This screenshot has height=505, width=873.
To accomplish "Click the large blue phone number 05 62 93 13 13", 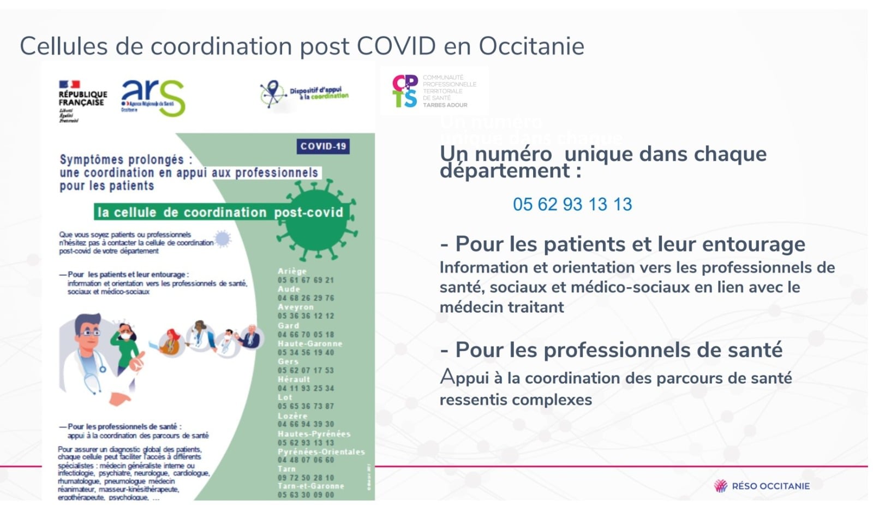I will coord(572,204).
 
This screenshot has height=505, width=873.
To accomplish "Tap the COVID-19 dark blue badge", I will coord(323,146).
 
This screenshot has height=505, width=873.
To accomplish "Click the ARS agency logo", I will coord(153,98).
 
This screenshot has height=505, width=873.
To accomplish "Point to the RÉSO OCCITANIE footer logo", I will coord(762,486).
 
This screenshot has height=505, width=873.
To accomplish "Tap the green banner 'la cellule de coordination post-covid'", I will coord(220,212).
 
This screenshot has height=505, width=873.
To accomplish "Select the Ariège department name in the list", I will coord(292,271).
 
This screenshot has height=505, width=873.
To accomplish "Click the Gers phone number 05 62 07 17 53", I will coord(306,370).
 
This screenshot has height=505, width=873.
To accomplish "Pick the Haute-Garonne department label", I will coord(309,343).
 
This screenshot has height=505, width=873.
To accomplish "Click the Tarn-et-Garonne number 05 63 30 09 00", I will coord(306,495).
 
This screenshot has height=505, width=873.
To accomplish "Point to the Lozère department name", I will coord(292,415).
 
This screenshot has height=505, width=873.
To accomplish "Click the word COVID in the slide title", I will coord(396,46).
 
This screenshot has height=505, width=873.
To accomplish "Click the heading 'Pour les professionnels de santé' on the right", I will coord(618,349).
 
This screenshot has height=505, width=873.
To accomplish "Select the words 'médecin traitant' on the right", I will coord(501,307).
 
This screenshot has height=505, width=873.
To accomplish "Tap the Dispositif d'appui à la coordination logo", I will coord(303,93).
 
